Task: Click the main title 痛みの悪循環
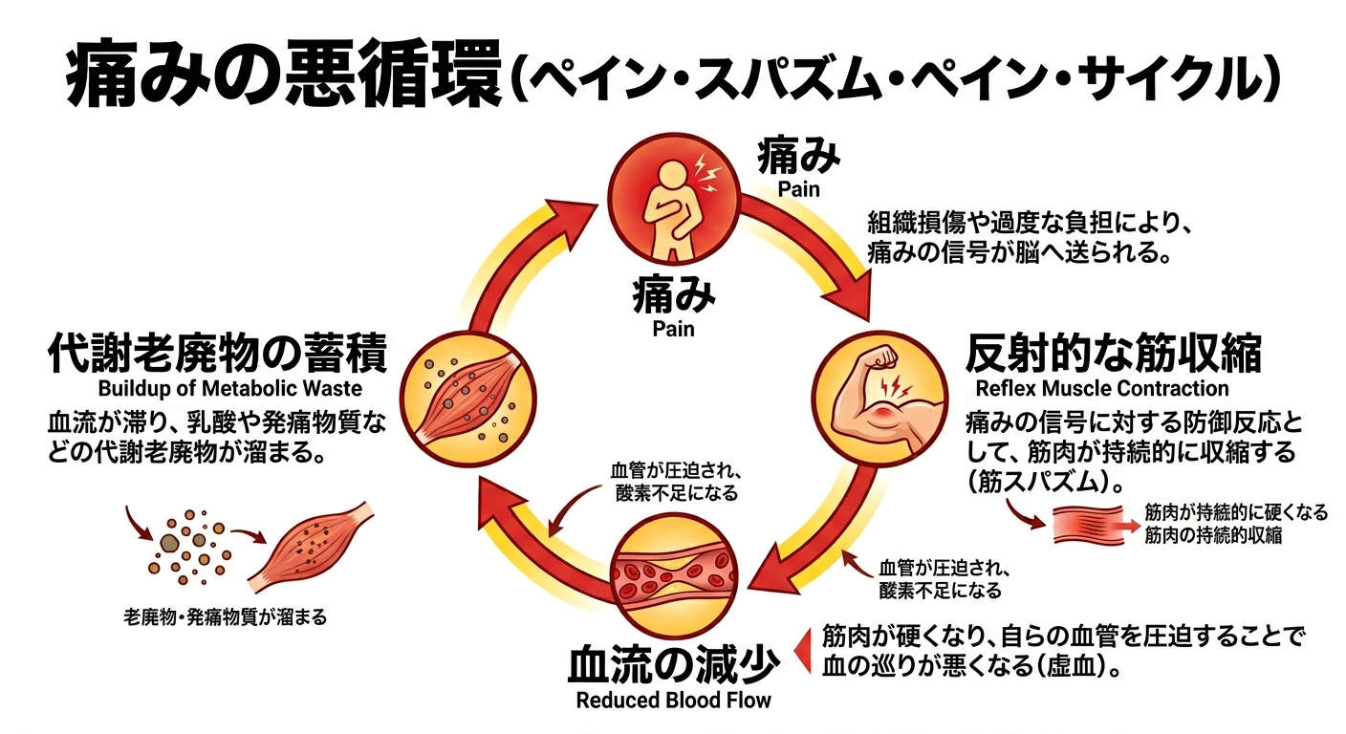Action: click(282, 75)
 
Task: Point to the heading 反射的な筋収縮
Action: click(1113, 355)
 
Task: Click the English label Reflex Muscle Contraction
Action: click(1101, 389)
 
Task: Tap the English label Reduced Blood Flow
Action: click(673, 700)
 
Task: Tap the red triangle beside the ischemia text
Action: click(804, 651)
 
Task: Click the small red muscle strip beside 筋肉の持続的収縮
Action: click(1090, 524)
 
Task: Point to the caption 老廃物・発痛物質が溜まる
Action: click(226, 617)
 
